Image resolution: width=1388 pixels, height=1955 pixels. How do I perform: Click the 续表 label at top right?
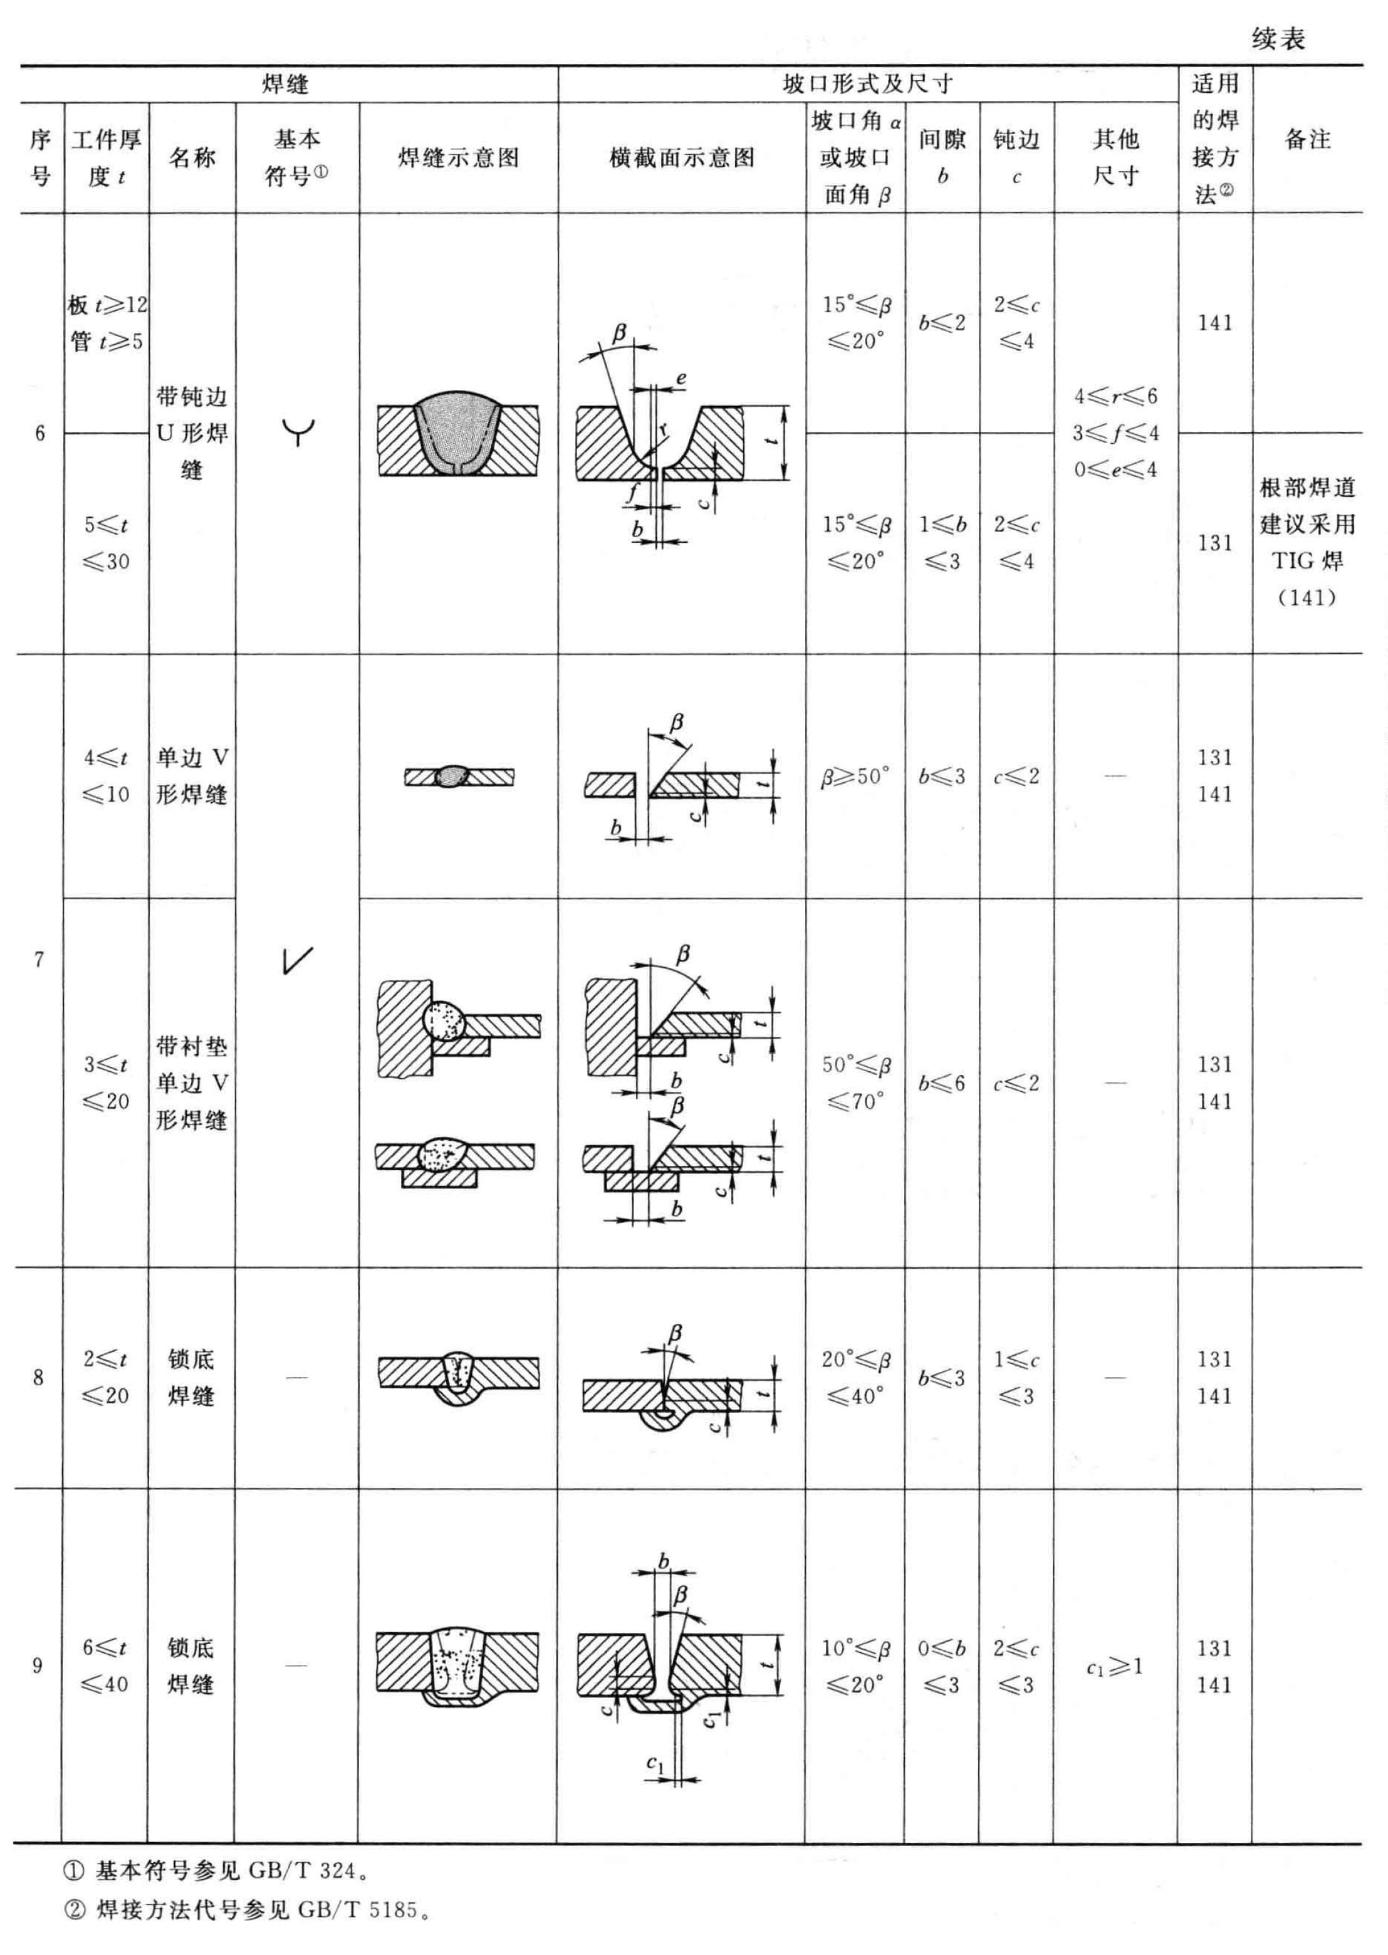[x=1278, y=38]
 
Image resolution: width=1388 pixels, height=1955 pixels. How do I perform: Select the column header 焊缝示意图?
[x=458, y=158]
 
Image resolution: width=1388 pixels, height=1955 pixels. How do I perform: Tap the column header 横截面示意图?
[x=681, y=158]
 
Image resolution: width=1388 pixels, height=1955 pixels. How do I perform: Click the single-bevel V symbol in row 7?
[x=296, y=960]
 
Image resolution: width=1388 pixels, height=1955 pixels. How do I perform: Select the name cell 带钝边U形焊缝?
[x=192, y=432]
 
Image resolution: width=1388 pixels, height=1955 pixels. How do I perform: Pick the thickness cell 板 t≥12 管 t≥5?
[x=106, y=323]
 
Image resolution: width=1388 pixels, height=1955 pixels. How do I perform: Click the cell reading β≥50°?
[x=855, y=776]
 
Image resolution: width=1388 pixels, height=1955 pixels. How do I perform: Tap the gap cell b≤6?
[x=942, y=1083]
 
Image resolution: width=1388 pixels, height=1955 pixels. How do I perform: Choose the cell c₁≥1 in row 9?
[x=1115, y=1666]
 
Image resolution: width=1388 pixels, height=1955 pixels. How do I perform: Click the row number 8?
[x=38, y=1378]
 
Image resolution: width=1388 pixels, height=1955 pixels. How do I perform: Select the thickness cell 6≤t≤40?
[x=105, y=1666]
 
